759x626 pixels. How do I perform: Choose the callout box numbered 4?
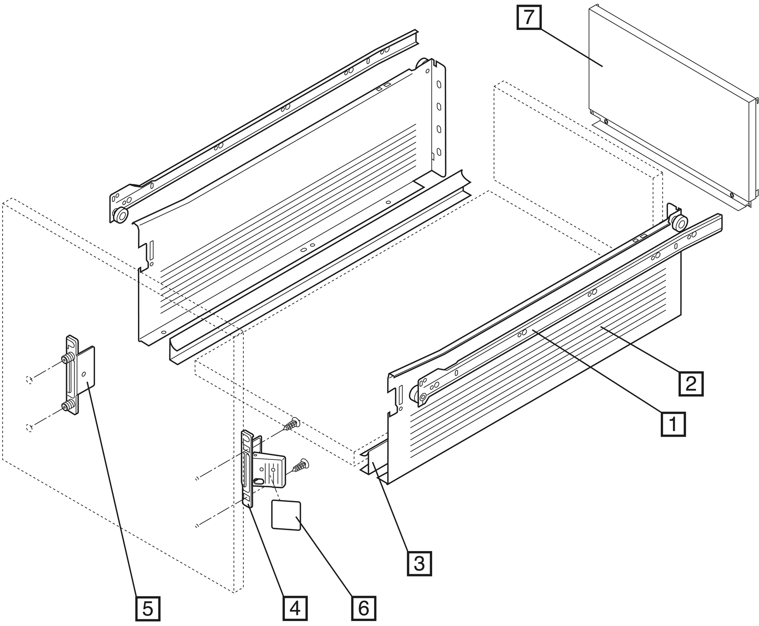coord(295,608)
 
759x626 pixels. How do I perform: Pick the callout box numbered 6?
coord(364,608)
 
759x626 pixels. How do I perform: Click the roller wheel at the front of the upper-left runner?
coord(120,216)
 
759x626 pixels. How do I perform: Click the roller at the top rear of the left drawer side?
coord(421,64)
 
